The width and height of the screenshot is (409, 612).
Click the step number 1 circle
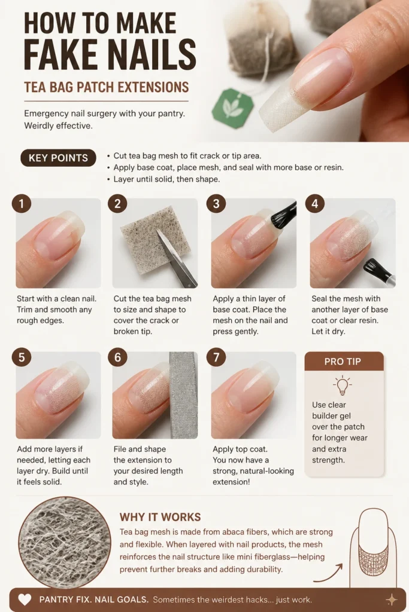click(22, 203)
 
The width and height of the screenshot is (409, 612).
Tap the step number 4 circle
click(315, 203)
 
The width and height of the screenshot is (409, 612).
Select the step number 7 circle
click(216, 357)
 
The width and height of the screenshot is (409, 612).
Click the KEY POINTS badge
click(58, 158)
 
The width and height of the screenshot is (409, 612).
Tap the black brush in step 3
click(281, 215)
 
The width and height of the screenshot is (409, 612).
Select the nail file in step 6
click(183, 394)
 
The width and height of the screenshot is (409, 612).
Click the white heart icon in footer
click(25, 599)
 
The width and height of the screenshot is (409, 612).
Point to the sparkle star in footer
click(392, 599)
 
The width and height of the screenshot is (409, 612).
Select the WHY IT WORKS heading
click(160, 517)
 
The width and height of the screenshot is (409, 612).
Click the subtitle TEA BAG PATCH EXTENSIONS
click(107, 87)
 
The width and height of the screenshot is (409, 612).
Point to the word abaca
click(234, 531)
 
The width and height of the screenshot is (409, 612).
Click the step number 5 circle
click(22, 357)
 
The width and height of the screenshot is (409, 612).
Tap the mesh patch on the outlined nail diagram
click(372, 559)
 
